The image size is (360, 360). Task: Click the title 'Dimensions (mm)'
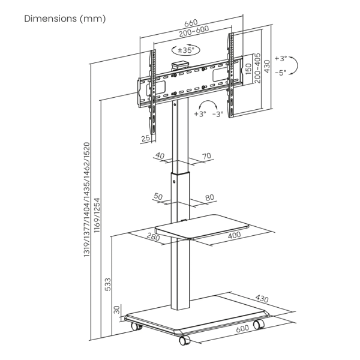65,19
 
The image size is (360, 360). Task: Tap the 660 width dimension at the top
191,23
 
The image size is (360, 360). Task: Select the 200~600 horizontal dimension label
194,31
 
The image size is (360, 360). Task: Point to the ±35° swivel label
186,50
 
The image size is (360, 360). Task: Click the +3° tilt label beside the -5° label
281,58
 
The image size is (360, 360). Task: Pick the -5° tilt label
281,73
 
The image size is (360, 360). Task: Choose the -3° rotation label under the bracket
218,114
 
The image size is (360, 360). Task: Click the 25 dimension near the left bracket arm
146,138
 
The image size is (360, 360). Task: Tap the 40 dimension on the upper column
160,155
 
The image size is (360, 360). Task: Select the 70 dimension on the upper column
206,156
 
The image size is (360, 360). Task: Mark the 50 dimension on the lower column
158,196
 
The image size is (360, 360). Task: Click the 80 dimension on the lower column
209,197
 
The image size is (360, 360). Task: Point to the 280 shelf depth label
154,236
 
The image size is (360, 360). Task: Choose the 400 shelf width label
235,235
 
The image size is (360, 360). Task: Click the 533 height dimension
107,284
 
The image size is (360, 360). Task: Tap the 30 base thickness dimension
117,310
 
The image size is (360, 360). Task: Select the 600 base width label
242,329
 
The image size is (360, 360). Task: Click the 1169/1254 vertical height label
97,215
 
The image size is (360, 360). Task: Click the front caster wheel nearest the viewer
184,340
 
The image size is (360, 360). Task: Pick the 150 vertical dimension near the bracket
248,69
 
